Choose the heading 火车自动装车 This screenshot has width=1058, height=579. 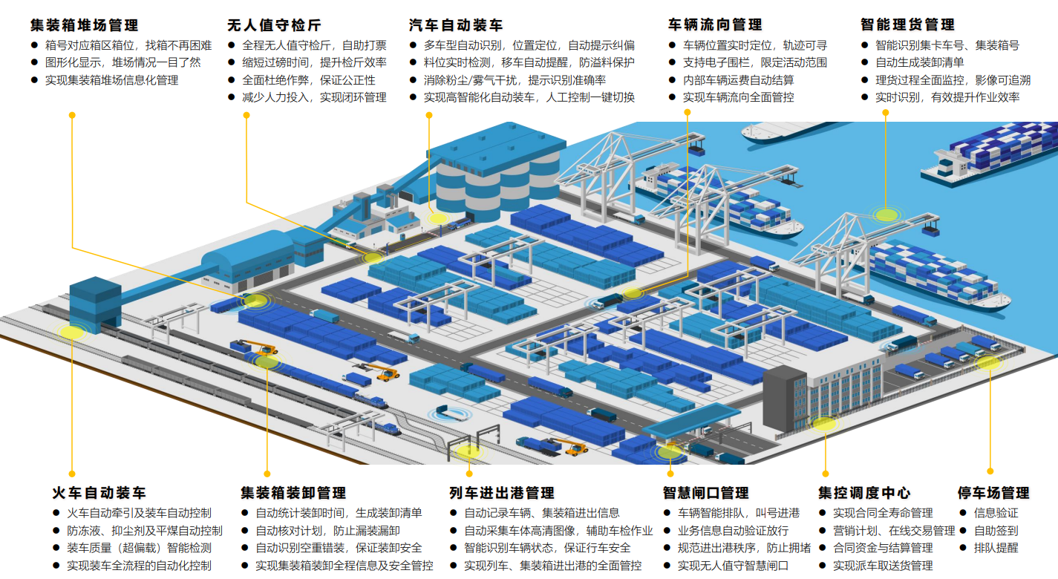click(x=99, y=493)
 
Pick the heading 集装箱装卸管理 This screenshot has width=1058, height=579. click(x=293, y=493)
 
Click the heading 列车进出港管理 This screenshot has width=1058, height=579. click(x=502, y=493)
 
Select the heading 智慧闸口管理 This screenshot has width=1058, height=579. click(x=705, y=493)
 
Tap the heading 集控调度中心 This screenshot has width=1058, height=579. click(x=864, y=493)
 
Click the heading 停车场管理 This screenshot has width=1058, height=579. click(x=993, y=493)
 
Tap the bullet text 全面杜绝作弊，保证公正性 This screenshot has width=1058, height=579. click(x=309, y=80)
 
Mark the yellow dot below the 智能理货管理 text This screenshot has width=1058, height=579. click(x=885, y=112)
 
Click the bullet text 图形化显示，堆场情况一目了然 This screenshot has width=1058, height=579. click(x=123, y=62)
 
